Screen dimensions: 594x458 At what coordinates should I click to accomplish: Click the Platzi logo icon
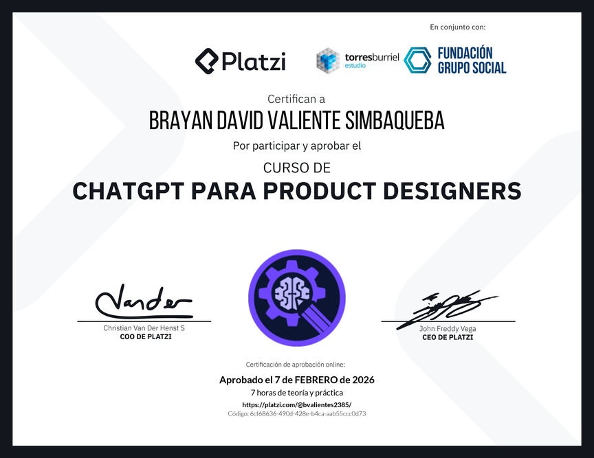pos(207,61)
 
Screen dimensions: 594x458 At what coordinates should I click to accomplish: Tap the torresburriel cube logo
pos(328,60)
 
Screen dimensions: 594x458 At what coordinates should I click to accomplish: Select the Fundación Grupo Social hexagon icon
pos(417,60)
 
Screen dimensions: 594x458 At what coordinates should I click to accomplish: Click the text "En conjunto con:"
pos(458,27)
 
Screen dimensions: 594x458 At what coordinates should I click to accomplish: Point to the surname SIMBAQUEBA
pos(395,121)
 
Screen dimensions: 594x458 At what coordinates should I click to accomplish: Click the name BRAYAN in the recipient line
pos(181,121)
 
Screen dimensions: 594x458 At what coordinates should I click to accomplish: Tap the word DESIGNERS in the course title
pos(452,191)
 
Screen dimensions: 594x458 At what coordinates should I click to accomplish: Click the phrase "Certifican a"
pos(296,99)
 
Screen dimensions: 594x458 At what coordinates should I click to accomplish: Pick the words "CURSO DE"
pos(297,168)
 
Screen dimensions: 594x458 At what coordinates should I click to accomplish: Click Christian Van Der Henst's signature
pos(144,302)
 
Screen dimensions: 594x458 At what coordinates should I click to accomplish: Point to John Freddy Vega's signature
pos(447,310)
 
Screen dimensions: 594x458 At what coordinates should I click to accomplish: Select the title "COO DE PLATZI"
pos(146,336)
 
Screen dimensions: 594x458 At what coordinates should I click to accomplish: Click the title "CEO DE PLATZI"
pos(448,337)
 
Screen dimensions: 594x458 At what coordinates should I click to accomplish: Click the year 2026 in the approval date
pos(363,380)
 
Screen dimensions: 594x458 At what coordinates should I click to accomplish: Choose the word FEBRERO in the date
pos(316,380)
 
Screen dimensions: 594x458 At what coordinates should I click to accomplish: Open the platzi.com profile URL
pos(296,404)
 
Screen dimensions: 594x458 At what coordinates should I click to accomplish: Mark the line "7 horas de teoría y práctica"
pos(297,393)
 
